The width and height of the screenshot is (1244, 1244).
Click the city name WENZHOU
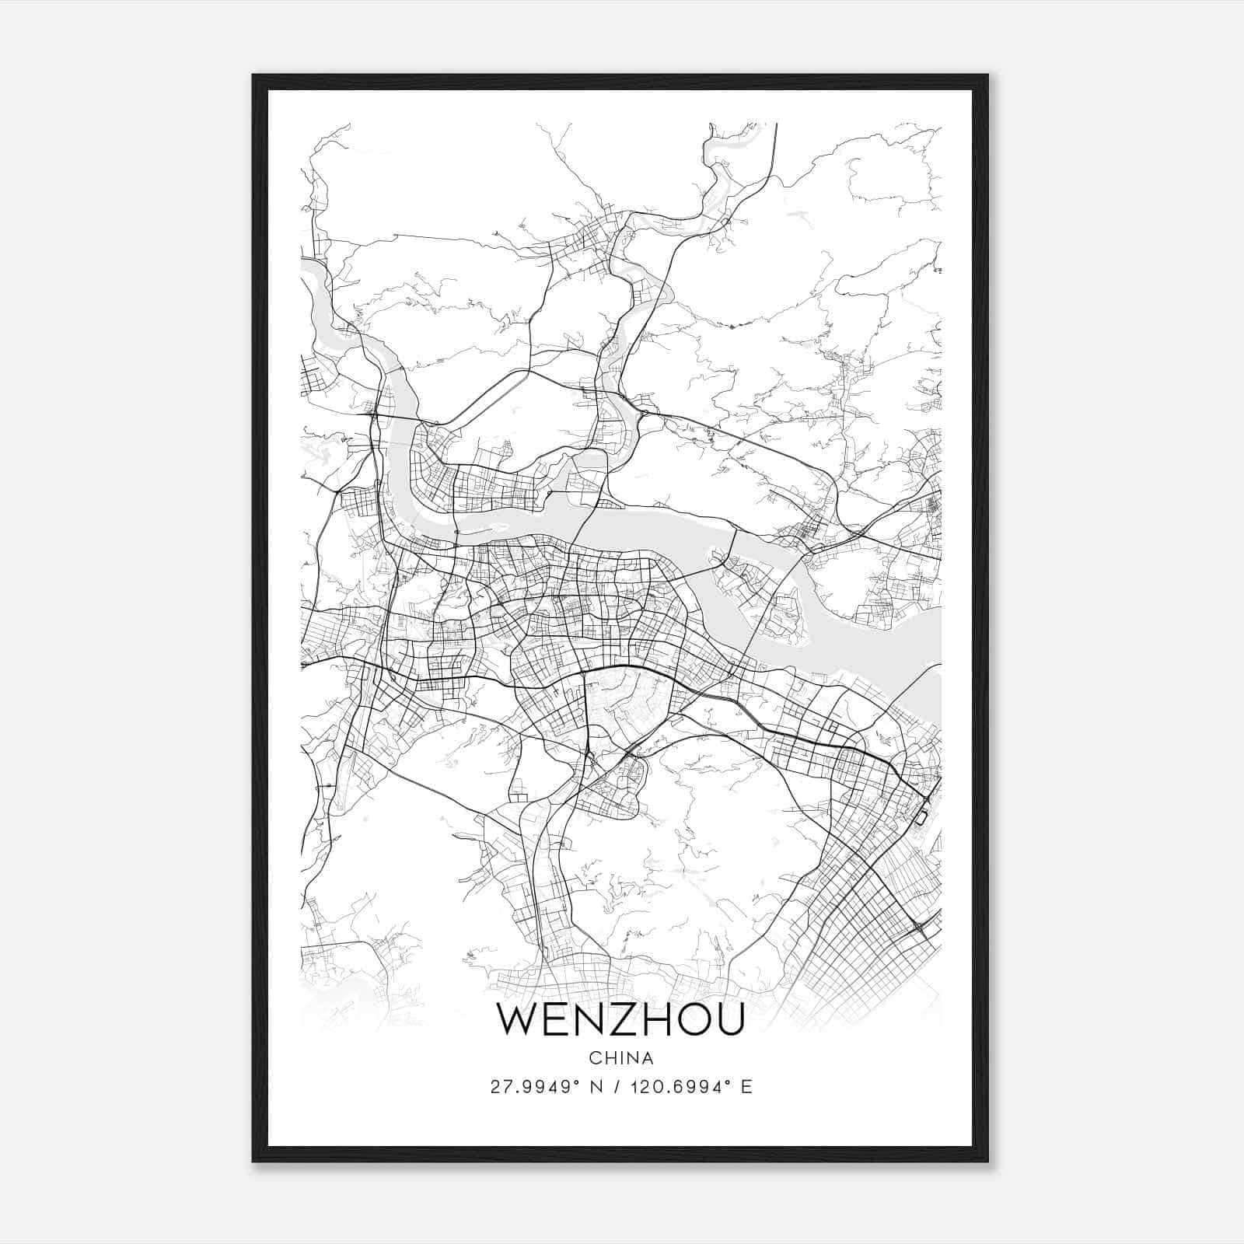click(620, 1019)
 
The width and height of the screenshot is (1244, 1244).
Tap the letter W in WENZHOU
click(517, 1019)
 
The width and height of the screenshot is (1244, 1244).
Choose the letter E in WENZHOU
click(555, 1019)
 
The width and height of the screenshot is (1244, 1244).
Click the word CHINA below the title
click(620, 1058)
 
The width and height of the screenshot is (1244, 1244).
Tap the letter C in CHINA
click(594, 1058)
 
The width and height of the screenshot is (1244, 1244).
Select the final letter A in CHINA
click(648, 1058)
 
